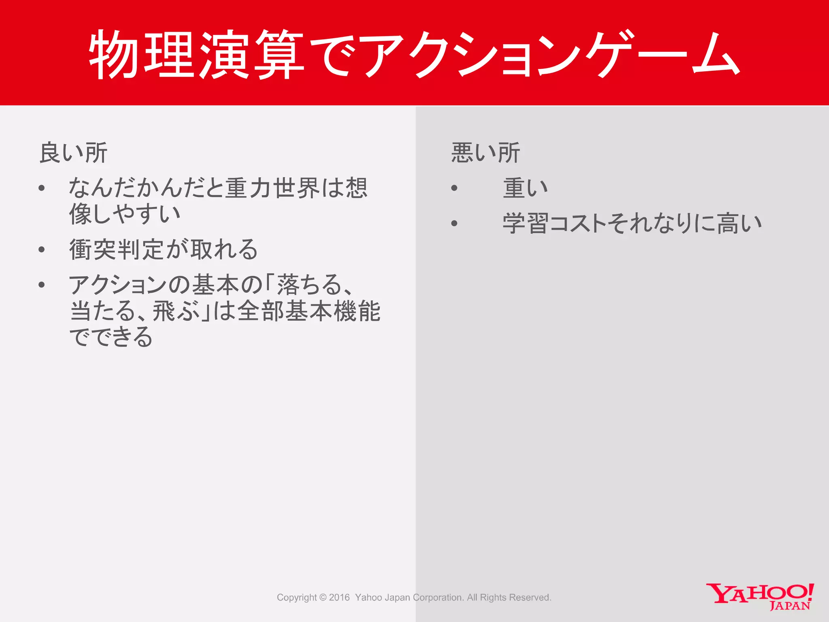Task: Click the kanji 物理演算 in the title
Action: click(x=196, y=55)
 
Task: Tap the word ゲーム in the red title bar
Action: click(x=664, y=55)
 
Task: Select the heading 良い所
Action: click(x=73, y=153)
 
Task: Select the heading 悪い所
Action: click(x=485, y=153)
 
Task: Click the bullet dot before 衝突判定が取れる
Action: click(x=42, y=249)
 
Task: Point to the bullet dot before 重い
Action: click(x=454, y=188)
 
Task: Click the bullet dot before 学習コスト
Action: click(x=454, y=223)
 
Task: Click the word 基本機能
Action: click(x=333, y=311)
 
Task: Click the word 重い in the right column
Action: click(x=525, y=188)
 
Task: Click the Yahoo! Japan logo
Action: click(x=760, y=596)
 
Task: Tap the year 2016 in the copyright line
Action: click(x=339, y=597)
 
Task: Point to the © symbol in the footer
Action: click(x=323, y=597)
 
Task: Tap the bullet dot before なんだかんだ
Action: click(x=42, y=188)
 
